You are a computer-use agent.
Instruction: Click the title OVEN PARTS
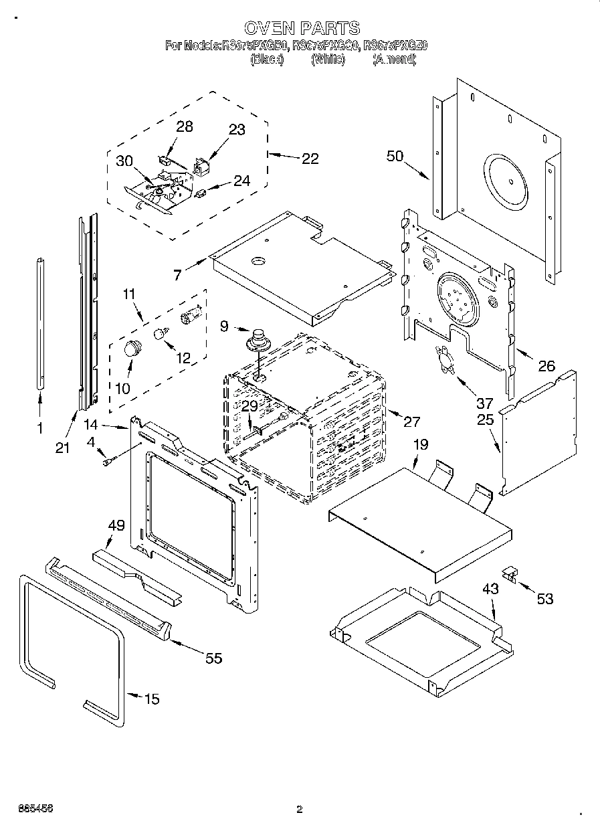click(302, 28)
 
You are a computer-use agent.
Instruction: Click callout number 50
click(395, 156)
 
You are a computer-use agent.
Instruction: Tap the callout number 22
click(310, 159)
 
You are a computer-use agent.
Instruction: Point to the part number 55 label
click(213, 658)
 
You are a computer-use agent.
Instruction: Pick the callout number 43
click(491, 590)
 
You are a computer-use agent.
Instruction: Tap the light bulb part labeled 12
click(161, 333)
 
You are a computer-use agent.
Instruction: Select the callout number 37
click(484, 403)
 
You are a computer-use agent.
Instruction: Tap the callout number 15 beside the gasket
click(152, 699)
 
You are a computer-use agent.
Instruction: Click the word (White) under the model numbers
click(328, 60)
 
